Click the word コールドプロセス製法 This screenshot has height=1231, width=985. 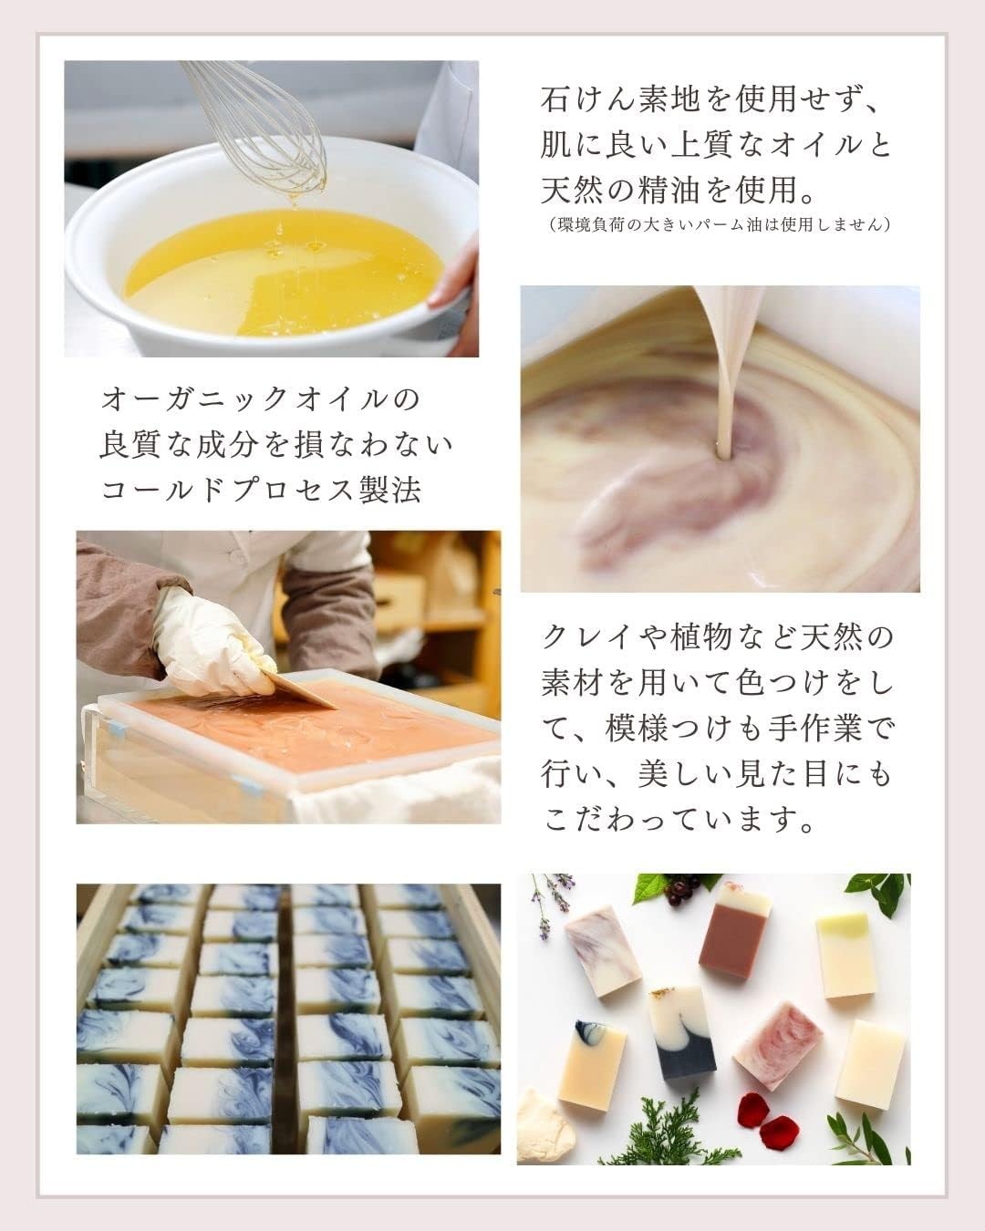(x=261, y=491)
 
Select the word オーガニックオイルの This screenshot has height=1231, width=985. (x=261, y=399)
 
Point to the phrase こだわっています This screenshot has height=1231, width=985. (x=679, y=820)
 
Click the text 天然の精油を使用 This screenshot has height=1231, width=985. (x=676, y=191)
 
